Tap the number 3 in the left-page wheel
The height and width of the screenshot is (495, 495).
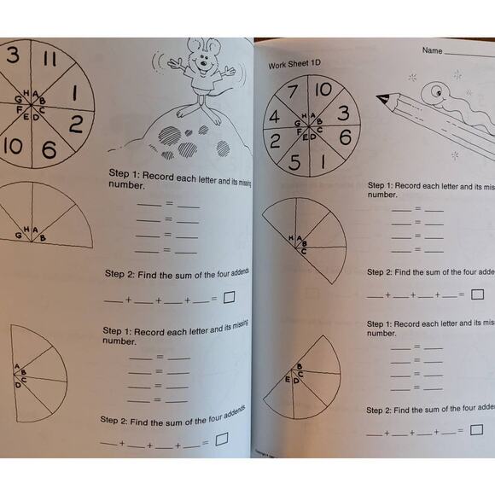coord(12,55)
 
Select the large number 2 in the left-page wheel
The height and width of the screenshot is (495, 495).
coord(75,125)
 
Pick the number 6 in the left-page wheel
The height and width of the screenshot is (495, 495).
coord(49,151)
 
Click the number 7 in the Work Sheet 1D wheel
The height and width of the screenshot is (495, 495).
coord(293,93)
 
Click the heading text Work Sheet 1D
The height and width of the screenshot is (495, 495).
coord(299,64)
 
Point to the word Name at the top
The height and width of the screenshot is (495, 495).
coord(432,50)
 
